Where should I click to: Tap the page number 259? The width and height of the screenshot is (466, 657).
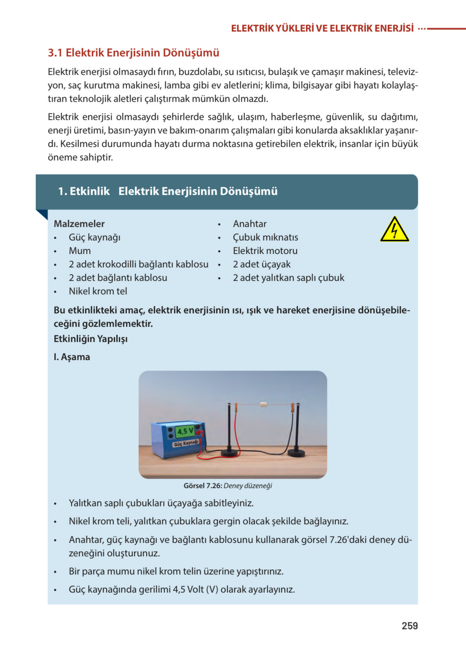[x=410, y=626]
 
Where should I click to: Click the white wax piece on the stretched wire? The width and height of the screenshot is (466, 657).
[x=263, y=405]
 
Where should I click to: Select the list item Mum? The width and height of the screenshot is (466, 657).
[x=79, y=251]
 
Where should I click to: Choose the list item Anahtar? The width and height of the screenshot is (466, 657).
[x=250, y=224]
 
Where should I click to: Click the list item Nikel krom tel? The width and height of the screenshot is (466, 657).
[x=97, y=291]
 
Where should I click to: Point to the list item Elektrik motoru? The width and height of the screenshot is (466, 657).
[x=265, y=251]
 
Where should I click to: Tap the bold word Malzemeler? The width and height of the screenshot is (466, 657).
[x=79, y=224]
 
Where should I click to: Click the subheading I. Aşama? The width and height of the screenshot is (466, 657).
[x=72, y=357]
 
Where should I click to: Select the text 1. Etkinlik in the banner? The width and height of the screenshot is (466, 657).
[x=84, y=191]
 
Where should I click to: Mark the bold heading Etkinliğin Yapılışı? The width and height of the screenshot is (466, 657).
[x=90, y=339]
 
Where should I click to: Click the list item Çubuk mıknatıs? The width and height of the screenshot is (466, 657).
[x=265, y=237]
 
